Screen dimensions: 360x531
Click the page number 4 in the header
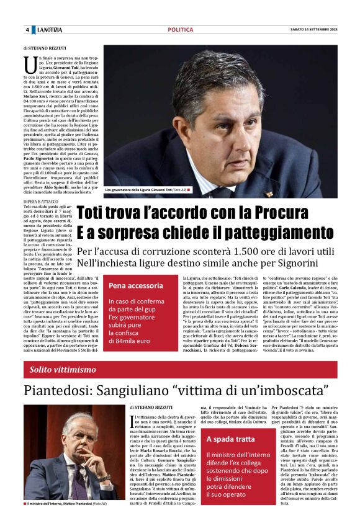(x=27, y=30)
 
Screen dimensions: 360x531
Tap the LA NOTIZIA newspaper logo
(x=48, y=30)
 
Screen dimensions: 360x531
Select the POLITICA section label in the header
(x=180, y=30)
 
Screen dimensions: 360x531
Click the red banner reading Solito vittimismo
(x=180, y=370)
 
